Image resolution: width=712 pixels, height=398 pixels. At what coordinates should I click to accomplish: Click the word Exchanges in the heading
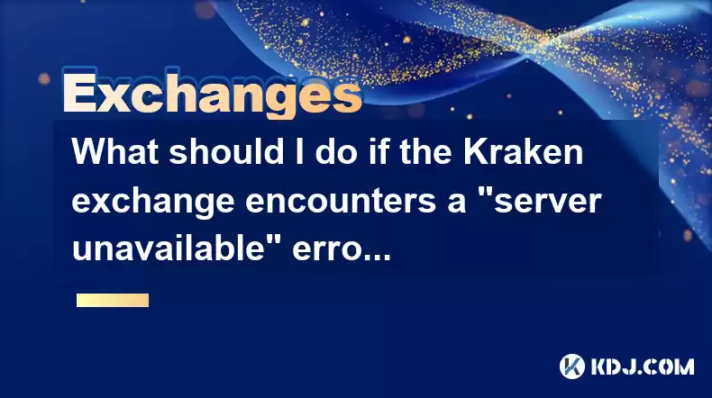click(x=212, y=94)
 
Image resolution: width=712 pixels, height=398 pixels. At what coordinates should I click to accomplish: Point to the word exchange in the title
click(x=153, y=202)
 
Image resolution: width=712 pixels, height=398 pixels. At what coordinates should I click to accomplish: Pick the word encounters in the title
click(x=341, y=202)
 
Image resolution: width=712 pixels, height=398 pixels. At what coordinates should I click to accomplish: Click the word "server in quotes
click(x=547, y=201)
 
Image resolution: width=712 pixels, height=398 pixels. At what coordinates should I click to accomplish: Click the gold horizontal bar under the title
click(x=113, y=301)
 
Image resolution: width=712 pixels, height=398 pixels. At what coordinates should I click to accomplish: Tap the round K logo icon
click(x=572, y=366)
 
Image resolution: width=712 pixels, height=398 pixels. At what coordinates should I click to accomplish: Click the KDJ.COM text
click(x=643, y=366)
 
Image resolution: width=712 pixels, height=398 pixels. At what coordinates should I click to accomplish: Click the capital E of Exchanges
click(x=79, y=94)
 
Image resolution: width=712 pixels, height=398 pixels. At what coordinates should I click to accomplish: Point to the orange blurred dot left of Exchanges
click(x=44, y=79)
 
